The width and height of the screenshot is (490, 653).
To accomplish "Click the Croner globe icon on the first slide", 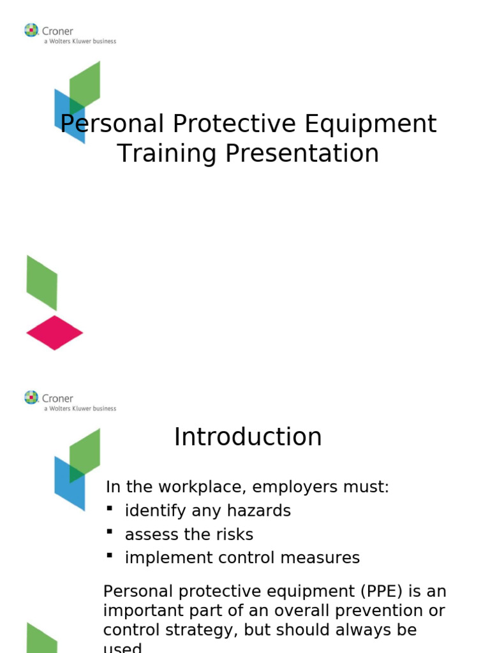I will [31, 30].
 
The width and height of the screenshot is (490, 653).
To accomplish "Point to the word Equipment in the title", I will [371, 124].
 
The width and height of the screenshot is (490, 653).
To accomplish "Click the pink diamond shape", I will [54, 333].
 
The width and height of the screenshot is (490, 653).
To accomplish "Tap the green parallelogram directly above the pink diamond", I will [42, 282].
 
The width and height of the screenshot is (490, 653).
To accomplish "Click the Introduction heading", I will [248, 437].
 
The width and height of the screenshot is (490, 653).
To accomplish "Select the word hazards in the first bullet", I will [263, 511].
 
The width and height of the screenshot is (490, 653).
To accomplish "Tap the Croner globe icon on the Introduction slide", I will [31, 397].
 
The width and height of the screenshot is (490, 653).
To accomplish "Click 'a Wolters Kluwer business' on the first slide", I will [80, 41].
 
